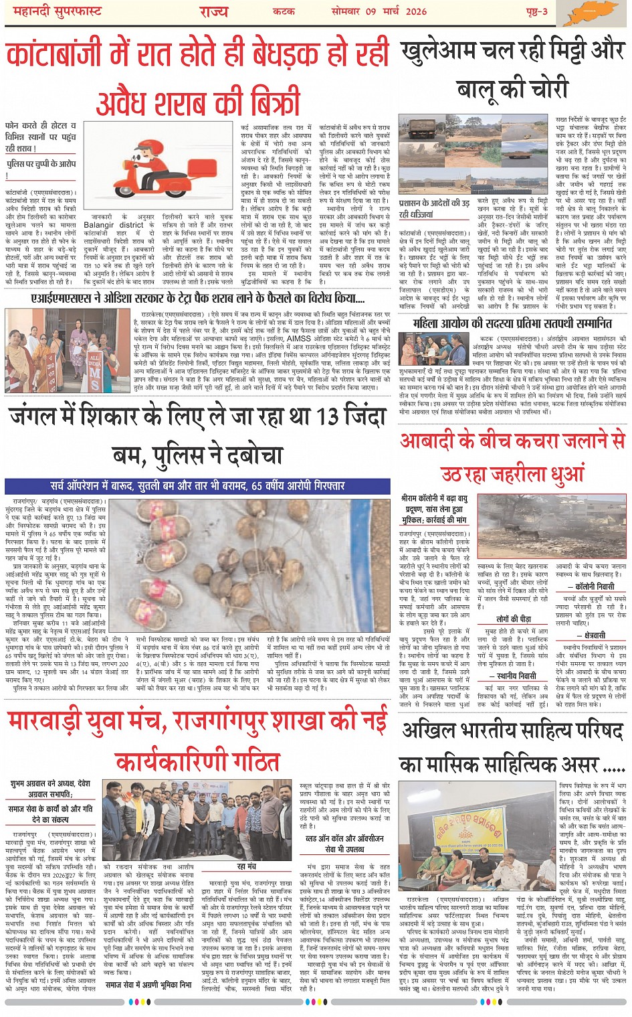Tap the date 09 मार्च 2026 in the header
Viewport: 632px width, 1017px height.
point(379,11)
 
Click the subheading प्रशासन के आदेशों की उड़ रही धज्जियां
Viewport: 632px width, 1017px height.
point(434,208)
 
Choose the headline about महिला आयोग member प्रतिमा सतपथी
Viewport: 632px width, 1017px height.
point(512,324)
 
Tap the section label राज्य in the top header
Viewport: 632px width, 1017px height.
point(214,12)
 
